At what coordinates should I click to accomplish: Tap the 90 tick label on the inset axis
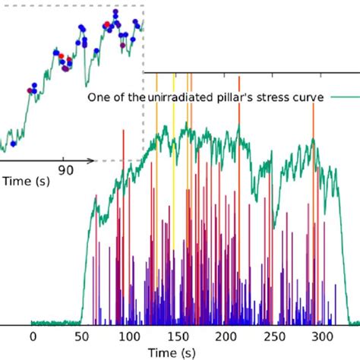click(66, 170)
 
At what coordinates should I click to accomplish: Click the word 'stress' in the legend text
click(277, 97)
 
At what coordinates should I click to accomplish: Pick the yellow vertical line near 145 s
click(173, 190)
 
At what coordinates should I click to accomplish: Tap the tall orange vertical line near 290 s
click(313, 190)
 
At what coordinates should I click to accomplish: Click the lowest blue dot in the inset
click(13, 143)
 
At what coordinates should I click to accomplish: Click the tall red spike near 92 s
click(122, 228)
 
